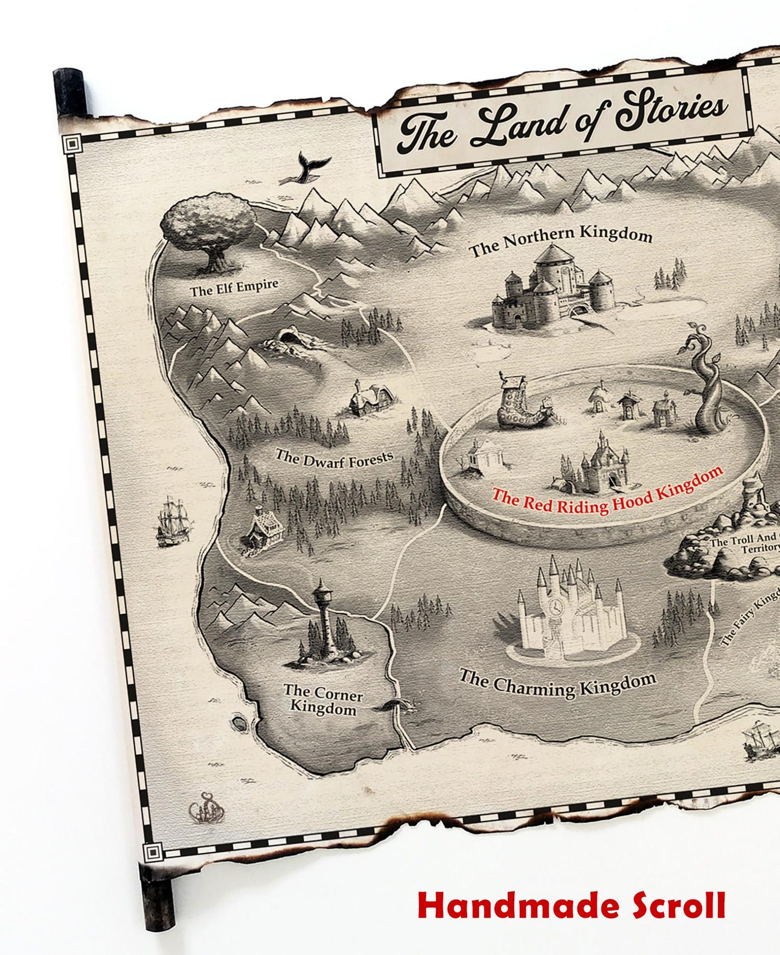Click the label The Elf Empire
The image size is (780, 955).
coord(234,288)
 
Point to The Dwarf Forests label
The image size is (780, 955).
coord(334,460)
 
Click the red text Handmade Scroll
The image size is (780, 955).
coord(571,906)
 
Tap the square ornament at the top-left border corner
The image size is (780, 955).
coord(72,144)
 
